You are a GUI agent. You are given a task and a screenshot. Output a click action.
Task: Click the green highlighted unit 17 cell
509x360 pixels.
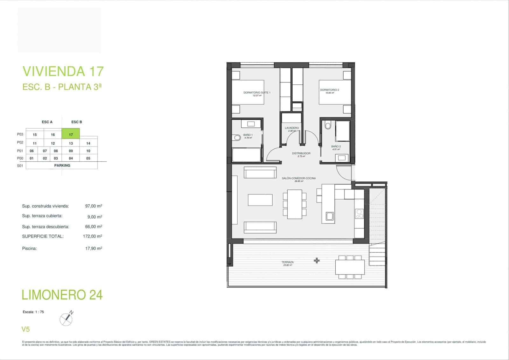point(71,134)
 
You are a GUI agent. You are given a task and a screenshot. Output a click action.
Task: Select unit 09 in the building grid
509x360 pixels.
point(71,151)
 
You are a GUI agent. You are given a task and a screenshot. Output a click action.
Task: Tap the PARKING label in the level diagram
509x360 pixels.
point(62,166)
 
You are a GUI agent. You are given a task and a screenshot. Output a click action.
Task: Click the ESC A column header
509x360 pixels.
point(47,122)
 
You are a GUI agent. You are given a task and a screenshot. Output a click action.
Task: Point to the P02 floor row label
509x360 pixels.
point(20,143)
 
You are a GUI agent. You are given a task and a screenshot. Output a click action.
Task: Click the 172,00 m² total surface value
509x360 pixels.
point(92,236)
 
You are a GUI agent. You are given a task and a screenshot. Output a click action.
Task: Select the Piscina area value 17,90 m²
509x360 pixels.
point(94,248)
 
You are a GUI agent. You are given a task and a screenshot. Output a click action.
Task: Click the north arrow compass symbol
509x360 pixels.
point(66,319)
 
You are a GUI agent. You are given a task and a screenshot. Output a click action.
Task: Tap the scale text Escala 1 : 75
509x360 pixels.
point(33,312)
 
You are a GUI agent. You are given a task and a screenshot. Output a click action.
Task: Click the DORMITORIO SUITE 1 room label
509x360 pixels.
point(257,93)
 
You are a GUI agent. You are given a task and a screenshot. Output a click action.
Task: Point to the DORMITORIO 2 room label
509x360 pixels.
point(330,90)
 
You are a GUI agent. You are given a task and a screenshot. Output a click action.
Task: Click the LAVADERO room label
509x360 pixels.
point(292,128)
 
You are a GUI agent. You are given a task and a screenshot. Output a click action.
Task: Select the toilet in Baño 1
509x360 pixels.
point(237,138)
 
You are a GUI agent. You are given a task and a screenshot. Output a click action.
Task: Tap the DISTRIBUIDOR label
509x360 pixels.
point(301,153)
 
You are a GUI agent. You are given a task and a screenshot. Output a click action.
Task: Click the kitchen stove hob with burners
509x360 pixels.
point(359,213)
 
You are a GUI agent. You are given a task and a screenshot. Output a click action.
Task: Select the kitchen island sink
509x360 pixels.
point(330,217)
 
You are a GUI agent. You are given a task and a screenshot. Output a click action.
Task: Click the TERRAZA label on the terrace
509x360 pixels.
point(287,263)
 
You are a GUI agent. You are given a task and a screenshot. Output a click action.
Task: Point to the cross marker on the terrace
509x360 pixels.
point(317,261)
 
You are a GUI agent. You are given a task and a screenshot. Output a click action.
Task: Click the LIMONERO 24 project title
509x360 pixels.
point(62,295)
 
